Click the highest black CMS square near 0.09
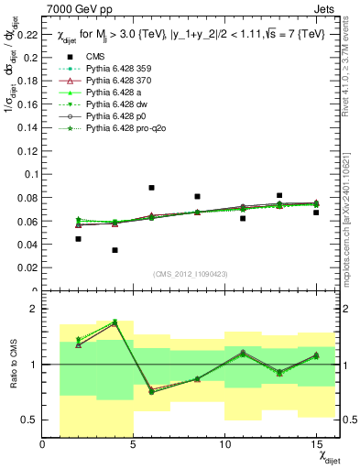pyautogui.click(x=151, y=188)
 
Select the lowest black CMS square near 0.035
pyautogui.click(x=115, y=250)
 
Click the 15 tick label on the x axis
pyautogui.click(x=315, y=446)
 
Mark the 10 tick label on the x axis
pyautogui.click(x=224, y=446)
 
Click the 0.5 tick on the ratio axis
pyautogui.click(x=32, y=420)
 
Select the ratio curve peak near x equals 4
pyautogui.click(x=115, y=322)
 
